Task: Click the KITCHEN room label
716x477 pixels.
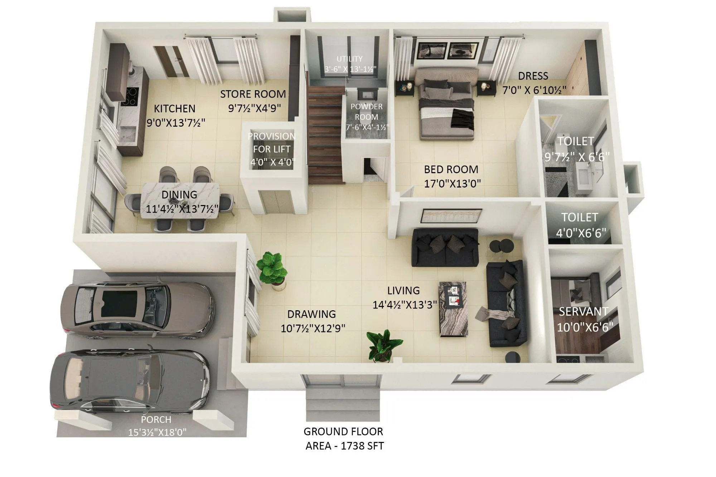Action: (174, 108)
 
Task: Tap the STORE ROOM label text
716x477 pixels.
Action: (253, 94)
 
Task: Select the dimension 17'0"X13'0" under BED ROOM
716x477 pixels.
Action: (452, 184)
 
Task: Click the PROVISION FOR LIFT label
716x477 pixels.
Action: (272, 142)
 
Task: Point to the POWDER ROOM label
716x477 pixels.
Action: (366, 112)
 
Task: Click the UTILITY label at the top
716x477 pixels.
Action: (349, 59)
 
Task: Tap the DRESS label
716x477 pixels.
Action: (533, 76)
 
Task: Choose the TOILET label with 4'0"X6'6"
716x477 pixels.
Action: (580, 217)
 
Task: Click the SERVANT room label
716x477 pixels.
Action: (584, 312)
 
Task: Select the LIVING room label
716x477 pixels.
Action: (403, 291)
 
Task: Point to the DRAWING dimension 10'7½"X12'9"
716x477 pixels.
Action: (313, 328)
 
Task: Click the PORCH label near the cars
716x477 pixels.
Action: (156, 419)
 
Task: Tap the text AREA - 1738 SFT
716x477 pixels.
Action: (344, 446)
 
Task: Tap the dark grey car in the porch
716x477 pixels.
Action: (129, 381)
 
